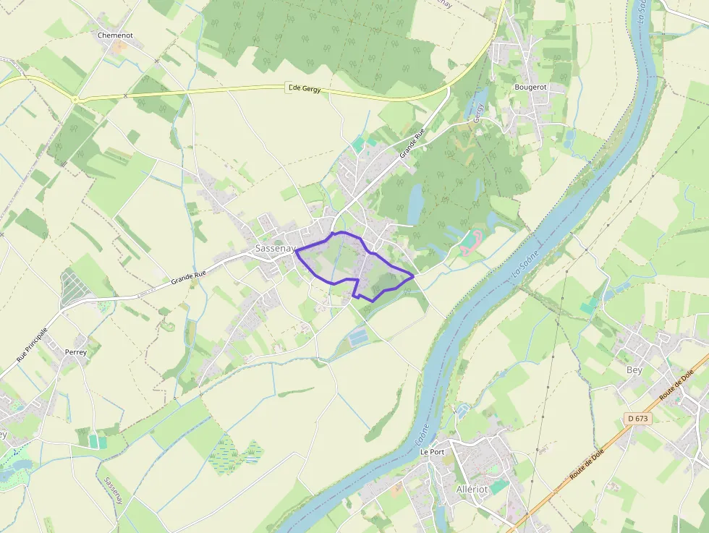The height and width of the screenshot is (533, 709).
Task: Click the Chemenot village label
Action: click(x=115, y=35)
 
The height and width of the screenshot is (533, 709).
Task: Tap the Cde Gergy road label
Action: click(x=304, y=88)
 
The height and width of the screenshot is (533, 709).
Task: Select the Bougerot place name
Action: click(x=530, y=87)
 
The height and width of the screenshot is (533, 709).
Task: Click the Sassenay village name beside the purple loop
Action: click(x=276, y=248)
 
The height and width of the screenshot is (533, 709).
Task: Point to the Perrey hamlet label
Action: click(x=76, y=352)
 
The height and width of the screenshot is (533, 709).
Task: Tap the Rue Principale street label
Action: click(x=32, y=345)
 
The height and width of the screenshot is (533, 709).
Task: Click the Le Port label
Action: click(x=432, y=452)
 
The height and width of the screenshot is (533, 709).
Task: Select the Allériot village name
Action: click(x=472, y=489)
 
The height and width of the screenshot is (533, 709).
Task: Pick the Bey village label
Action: click(x=634, y=370)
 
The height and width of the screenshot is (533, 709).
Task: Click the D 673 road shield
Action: click(x=637, y=419)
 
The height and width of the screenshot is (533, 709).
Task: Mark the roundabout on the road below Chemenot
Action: click(x=75, y=98)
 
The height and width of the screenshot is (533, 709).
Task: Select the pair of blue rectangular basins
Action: click(x=358, y=336)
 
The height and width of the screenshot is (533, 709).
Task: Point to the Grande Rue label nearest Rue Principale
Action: click(x=189, y=276)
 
